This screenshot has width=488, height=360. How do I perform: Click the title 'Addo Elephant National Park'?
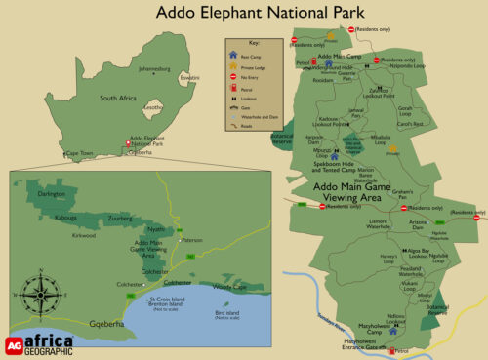tap(259, 13)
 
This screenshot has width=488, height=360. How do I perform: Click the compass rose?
tap(41, 290)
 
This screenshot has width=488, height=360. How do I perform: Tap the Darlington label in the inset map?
tap(51, 194)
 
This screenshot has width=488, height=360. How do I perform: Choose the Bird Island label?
tap(226, 314)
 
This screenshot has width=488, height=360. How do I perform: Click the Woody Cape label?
tap(229, 286)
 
